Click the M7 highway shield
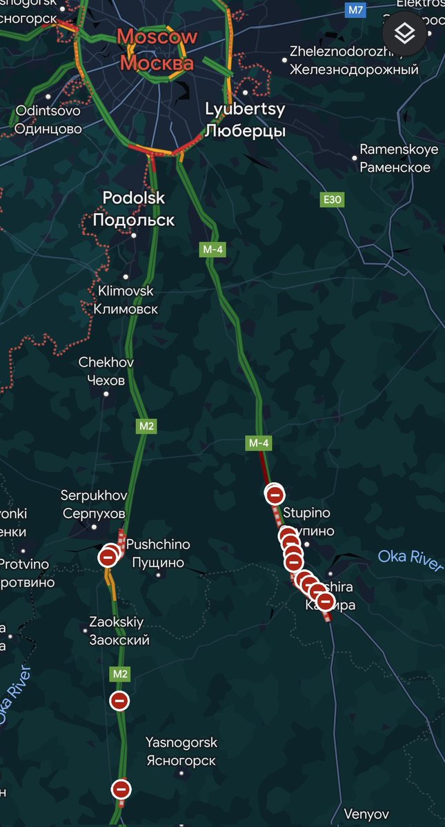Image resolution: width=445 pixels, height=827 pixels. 355,10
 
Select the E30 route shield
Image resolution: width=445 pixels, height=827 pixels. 333,200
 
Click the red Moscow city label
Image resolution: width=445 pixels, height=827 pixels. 157,50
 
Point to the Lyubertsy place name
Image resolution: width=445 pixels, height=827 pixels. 245,119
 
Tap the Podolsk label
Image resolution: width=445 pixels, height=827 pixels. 134,208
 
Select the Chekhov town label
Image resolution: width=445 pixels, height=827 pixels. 106,371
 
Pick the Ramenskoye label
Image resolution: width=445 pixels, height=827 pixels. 399,158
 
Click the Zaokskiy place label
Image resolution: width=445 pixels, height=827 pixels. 119,631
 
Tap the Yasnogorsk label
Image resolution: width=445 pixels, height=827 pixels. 181,751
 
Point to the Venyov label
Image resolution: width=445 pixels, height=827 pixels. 366,814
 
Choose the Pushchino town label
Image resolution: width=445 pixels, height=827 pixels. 158,553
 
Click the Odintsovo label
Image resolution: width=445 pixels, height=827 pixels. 48,119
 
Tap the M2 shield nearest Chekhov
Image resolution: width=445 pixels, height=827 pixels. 146,426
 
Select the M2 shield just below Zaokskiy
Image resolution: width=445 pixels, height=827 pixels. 121,673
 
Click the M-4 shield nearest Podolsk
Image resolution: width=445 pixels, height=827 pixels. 210,251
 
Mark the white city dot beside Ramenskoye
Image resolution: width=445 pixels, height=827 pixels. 355,158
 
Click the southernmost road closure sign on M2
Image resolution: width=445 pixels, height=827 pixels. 121,788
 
